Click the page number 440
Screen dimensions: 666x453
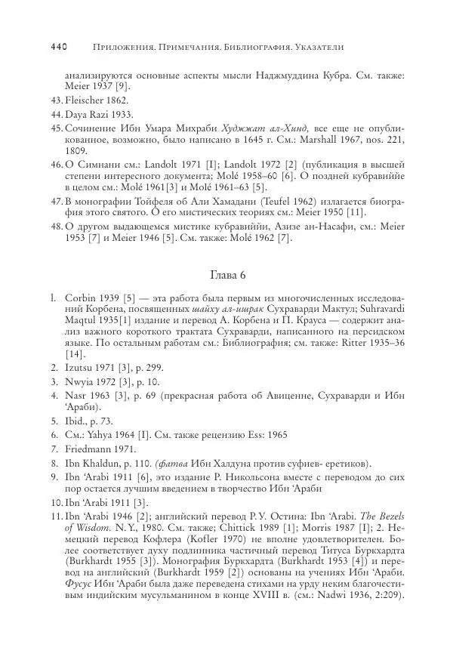tap(59, 47)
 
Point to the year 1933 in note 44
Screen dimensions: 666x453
tap(121, 115)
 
